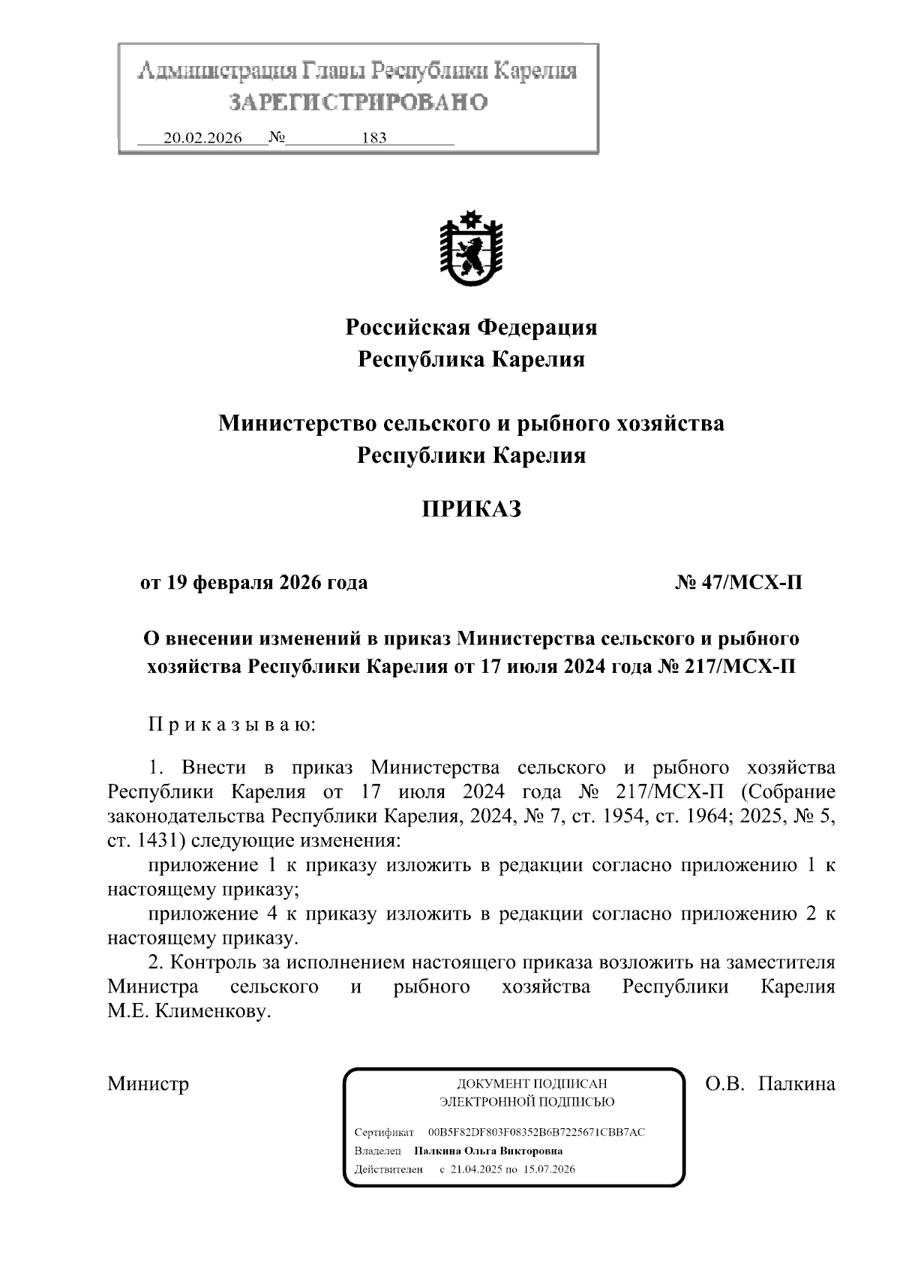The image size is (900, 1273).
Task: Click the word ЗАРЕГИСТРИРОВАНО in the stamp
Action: point(358,102)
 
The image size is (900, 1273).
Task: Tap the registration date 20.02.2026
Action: point(202,138)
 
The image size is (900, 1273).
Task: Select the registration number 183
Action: point(373,138)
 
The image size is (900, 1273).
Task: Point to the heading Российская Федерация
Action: point(471,327)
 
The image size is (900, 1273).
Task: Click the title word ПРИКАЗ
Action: point(471,509)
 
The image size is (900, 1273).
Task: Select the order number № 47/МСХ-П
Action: point(739,582)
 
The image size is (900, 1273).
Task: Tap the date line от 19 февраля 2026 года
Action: point(253,582)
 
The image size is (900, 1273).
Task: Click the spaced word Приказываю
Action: point(232,725)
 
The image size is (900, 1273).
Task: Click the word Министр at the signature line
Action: point(148,1084)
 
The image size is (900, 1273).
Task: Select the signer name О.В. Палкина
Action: point(770,1084)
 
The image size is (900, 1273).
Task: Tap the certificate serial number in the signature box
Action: point(536,1132)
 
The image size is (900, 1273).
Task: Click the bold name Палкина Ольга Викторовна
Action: point(488,1151)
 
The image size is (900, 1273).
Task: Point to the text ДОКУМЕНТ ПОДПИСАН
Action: point(532,1083)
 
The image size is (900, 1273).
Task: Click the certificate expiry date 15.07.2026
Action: point(550,1169)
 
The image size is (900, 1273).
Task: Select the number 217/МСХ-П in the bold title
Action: point(738,666)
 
